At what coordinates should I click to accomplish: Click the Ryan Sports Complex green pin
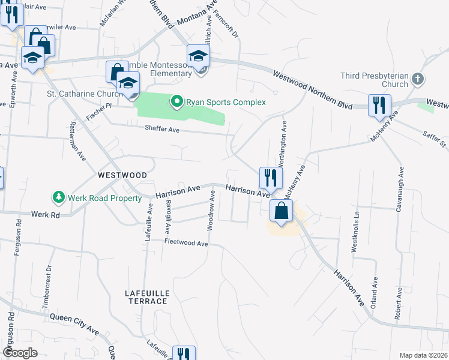point(176,102)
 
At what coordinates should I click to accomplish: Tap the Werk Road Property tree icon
point(58,197)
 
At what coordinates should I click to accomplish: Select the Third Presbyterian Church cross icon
point(418,79)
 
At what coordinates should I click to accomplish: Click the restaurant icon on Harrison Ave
point(270,178)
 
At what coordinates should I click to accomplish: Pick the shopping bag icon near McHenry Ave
point(281,212)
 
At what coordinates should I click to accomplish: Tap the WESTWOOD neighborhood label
point(122,175)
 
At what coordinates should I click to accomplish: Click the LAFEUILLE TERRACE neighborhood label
point(147,296)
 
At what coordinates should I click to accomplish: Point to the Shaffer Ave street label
point(162,129)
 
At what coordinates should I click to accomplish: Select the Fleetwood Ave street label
point(186,244)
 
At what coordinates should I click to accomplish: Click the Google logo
point(20,353)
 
